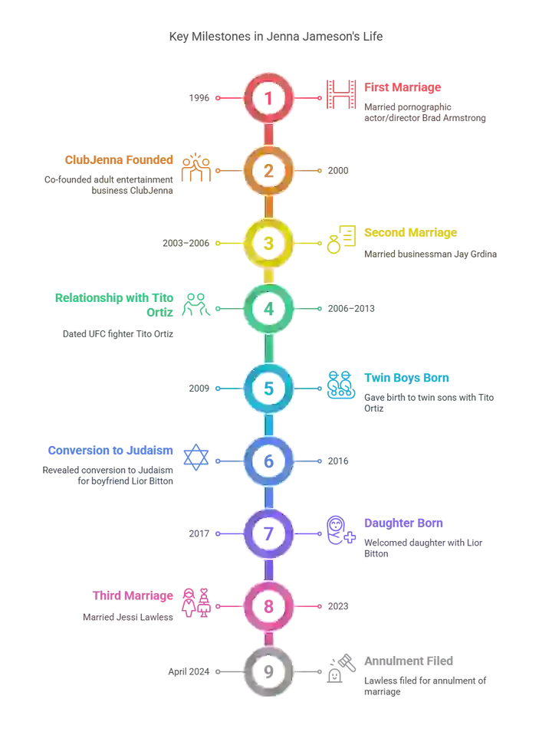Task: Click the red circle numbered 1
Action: pos(268,97)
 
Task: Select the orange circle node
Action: pos(268,170)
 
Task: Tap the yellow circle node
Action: pos(268,243)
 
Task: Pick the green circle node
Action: pos(268,308)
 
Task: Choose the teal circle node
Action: pos(268,389)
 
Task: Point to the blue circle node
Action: pos(268,461)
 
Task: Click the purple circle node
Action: pos(268,533)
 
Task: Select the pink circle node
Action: pos(268,605)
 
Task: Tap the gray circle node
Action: pos(268,672)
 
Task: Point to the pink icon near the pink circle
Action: pos(198,602)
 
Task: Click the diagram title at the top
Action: pos(275,34)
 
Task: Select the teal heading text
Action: pos(407,378)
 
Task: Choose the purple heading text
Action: pos(404,524)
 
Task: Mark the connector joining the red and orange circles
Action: pos(268,134)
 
